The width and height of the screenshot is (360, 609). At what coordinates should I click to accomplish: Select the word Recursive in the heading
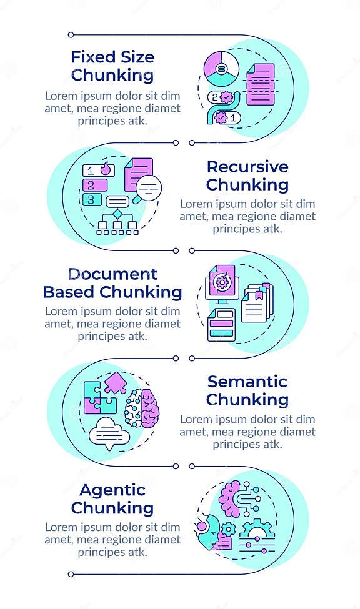[x=247, y=167]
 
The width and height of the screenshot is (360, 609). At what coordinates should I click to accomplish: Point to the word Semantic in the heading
[x=247, y=382]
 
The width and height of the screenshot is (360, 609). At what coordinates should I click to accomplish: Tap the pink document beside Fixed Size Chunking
[x=261, y=84]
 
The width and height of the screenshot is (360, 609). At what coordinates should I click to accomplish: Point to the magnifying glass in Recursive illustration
[x=149, y=186]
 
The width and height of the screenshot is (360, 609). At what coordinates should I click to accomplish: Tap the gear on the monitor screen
[x=222, y=281]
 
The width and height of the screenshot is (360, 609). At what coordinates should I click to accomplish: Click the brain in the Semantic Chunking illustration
[x=142, y=408]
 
